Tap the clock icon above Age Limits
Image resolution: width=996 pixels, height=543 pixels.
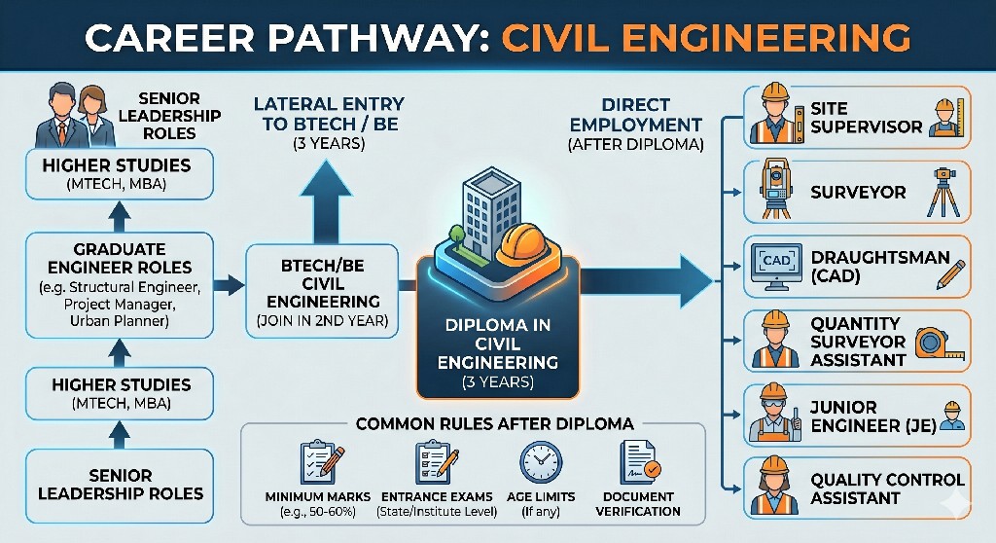(540, 463)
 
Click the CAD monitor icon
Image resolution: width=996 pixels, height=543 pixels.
(777, 264)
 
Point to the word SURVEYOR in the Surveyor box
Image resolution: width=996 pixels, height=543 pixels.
(859, 192)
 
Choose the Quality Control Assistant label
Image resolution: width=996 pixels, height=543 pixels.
(887, 489)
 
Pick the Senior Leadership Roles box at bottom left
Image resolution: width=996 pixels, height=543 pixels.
(120, 484)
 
